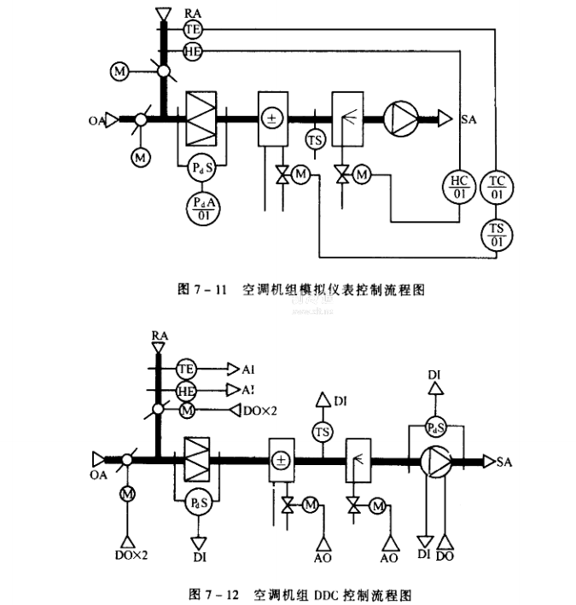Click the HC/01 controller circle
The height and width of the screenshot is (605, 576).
(458, 186)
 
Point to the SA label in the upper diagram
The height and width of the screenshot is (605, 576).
(468, 119)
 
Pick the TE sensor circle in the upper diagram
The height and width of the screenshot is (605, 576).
(191, 28)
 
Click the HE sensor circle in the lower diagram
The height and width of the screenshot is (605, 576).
(187, 389)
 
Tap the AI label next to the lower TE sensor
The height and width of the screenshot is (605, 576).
(248, 369)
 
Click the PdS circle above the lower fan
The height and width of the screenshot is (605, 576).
(436, 427)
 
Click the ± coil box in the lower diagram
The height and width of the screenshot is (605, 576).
(281, 462)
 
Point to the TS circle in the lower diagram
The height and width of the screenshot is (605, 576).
(322, 433)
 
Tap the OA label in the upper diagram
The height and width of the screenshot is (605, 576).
(97, 120)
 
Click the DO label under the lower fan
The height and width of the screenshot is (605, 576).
(445, 556)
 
